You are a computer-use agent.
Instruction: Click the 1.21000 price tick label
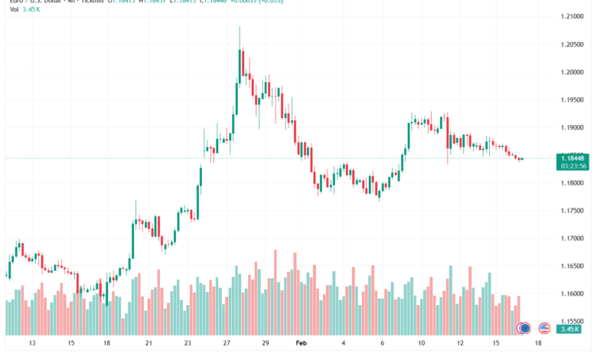pos(573,16)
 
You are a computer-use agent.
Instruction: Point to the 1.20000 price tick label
pos(573,72)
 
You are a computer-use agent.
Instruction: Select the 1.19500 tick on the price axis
pos(573,100)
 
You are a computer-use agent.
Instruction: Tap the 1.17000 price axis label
pos(573,238)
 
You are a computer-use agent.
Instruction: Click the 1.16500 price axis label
pos(573,266)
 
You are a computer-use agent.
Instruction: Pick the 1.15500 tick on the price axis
pos(573,322)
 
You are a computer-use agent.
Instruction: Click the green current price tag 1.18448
pos(573,157)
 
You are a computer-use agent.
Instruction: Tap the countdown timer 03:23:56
pos(573,165)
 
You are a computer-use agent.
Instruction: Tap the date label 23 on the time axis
pos(187,344)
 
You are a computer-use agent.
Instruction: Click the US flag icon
pos(545,328)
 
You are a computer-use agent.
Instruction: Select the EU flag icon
pos(524,328)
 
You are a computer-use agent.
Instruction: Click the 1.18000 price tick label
pos(573,183)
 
